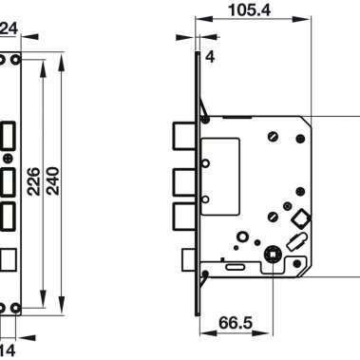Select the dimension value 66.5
(x=236, y=323)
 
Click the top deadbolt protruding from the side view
(x=185, y=139)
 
